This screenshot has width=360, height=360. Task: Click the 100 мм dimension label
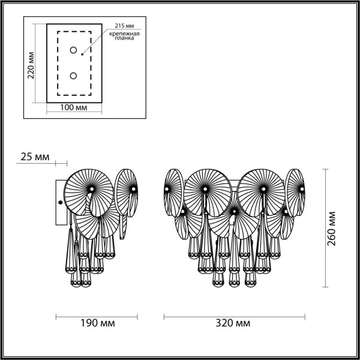(x=74, y=108)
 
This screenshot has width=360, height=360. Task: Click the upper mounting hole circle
(x=74, y=50)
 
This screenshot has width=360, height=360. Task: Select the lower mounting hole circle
(x=74, y=76)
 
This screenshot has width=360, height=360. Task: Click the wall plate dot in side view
(x=59, y=202)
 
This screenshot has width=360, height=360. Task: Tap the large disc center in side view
(x=91, y=189)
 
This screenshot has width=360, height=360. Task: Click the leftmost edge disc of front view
(x=173, y=190)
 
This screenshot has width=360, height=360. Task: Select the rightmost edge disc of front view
(x=295, y=191)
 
